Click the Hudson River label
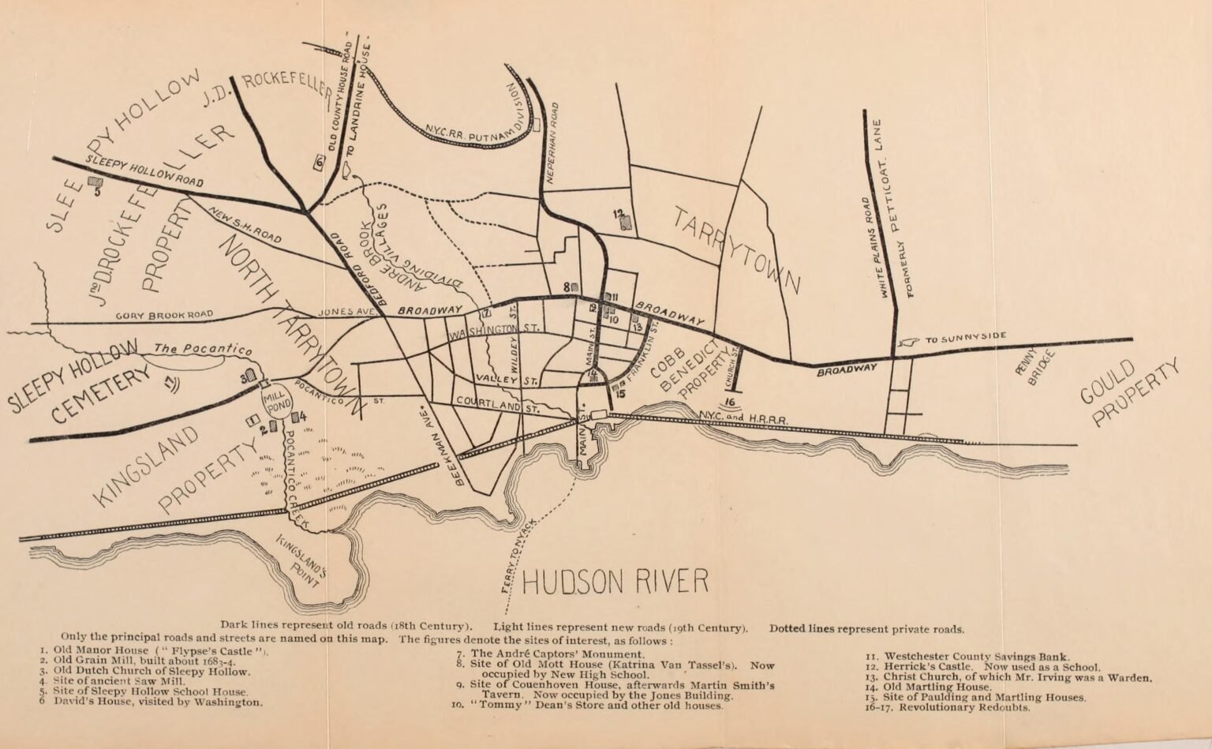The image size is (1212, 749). [615, 581]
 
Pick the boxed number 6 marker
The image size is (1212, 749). [319, 163]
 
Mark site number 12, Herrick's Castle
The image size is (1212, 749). [623, 219]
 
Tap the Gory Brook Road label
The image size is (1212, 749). [164, 315]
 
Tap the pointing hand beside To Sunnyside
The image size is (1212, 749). [907, 342]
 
